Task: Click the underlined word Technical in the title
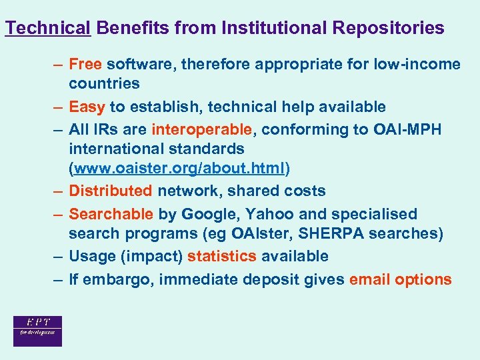(47, 28)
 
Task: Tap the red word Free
(85, 65)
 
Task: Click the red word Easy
(87, 107)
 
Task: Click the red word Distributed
(111, 191)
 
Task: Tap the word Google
(207, 215)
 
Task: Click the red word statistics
(222, 257)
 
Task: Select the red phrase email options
(400, 280)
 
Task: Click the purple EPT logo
(37, 331)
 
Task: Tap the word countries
(104, 84)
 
